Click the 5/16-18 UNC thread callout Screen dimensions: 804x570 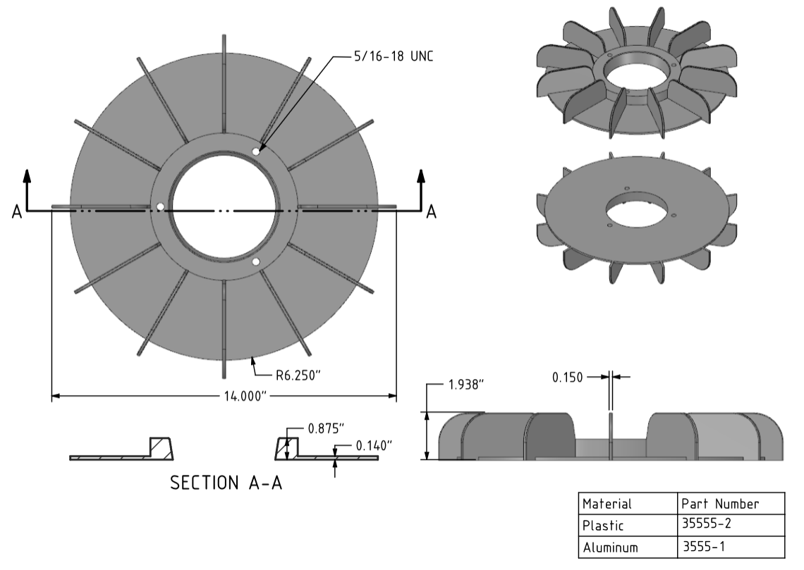(394, 56)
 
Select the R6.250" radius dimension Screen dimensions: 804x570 (298, 376)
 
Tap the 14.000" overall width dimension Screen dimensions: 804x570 (245, 397)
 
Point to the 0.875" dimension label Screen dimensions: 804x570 (326, 428)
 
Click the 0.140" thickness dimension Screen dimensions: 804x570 (374, 445)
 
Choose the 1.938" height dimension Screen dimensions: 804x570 (466, 385)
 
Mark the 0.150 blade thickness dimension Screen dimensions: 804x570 (568, 378)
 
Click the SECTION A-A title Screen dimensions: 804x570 (226, 483)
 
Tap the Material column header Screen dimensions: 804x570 (607, 504)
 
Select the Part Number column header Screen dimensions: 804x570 (720, 504)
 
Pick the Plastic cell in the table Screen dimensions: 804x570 (603, 526)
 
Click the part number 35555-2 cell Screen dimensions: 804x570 (707, 523)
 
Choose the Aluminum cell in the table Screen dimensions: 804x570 (610, 547)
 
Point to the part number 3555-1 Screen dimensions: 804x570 (704, 547)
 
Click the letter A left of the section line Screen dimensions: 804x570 (17, 211)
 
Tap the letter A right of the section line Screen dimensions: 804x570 (431, 211)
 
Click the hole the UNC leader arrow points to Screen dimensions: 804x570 (256, 151)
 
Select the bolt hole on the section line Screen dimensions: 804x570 (160, 207)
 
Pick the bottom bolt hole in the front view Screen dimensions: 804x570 (256, 262)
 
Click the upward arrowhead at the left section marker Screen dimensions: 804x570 (28, 175)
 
